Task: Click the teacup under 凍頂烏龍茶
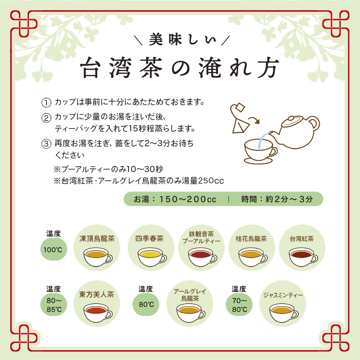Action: tap(96, 256)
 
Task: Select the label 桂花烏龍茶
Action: tap(251, 239)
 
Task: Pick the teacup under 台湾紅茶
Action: tap(302, 256)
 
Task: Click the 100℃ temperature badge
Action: tap(54, 249)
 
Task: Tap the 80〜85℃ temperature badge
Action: tap(54, 304)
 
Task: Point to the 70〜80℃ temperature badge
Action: tap(239, 304)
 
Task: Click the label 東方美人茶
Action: tap(96, 294)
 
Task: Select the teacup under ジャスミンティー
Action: tap(283, 312)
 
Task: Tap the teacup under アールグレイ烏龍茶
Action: tap(190, 312)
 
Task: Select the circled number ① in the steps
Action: tap(46, 102)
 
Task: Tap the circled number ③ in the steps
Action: tap(46, 144)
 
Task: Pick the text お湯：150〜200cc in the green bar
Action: tap(175, 199)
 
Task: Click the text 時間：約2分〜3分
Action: tap(277, 199)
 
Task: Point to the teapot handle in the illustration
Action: tap(315, 123)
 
